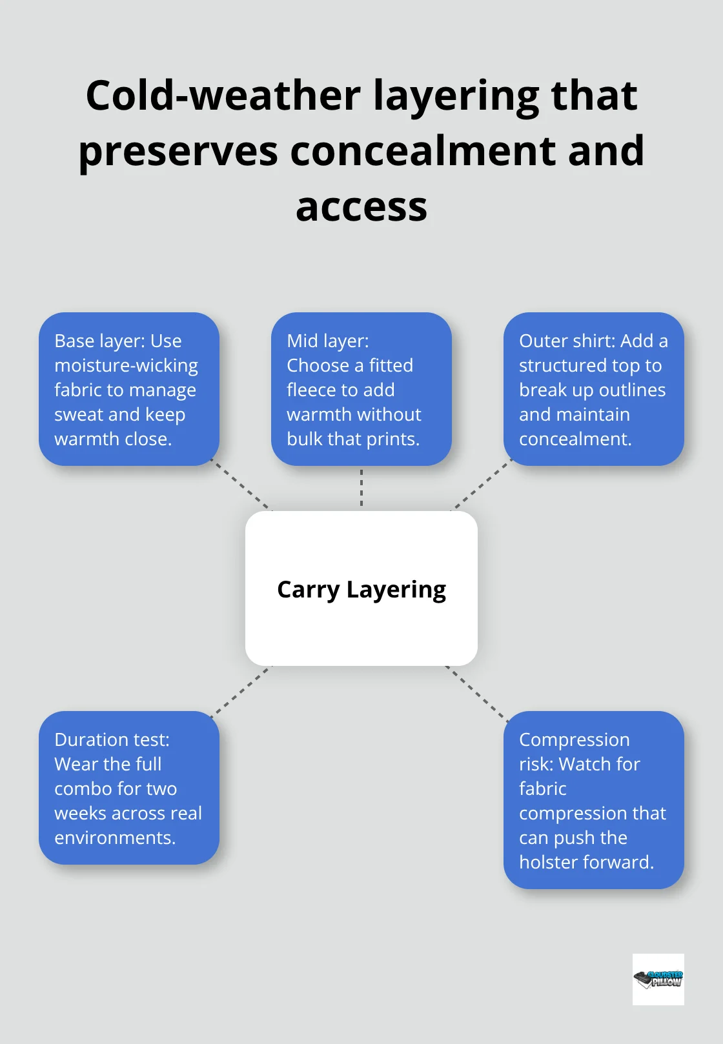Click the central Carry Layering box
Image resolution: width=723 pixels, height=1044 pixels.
point(361,588)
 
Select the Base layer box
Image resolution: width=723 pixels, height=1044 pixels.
point(129,389)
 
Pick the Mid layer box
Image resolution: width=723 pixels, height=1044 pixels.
point(361,389)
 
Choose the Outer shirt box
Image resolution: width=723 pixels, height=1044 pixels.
point(593,389)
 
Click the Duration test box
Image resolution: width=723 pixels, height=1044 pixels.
point(129,787)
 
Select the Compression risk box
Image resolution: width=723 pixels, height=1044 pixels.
point(593,799)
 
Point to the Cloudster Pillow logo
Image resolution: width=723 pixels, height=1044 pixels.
point(658,979)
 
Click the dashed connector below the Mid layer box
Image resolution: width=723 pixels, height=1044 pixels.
point(361,488)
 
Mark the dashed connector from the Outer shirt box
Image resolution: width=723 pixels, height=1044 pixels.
point(482,485)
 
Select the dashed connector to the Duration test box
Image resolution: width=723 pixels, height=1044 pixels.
point(241,691)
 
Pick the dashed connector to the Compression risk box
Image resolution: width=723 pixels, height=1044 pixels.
point(476,690)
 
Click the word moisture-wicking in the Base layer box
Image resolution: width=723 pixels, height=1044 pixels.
point(126,366)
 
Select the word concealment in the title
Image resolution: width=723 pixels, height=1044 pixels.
point(416,151)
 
